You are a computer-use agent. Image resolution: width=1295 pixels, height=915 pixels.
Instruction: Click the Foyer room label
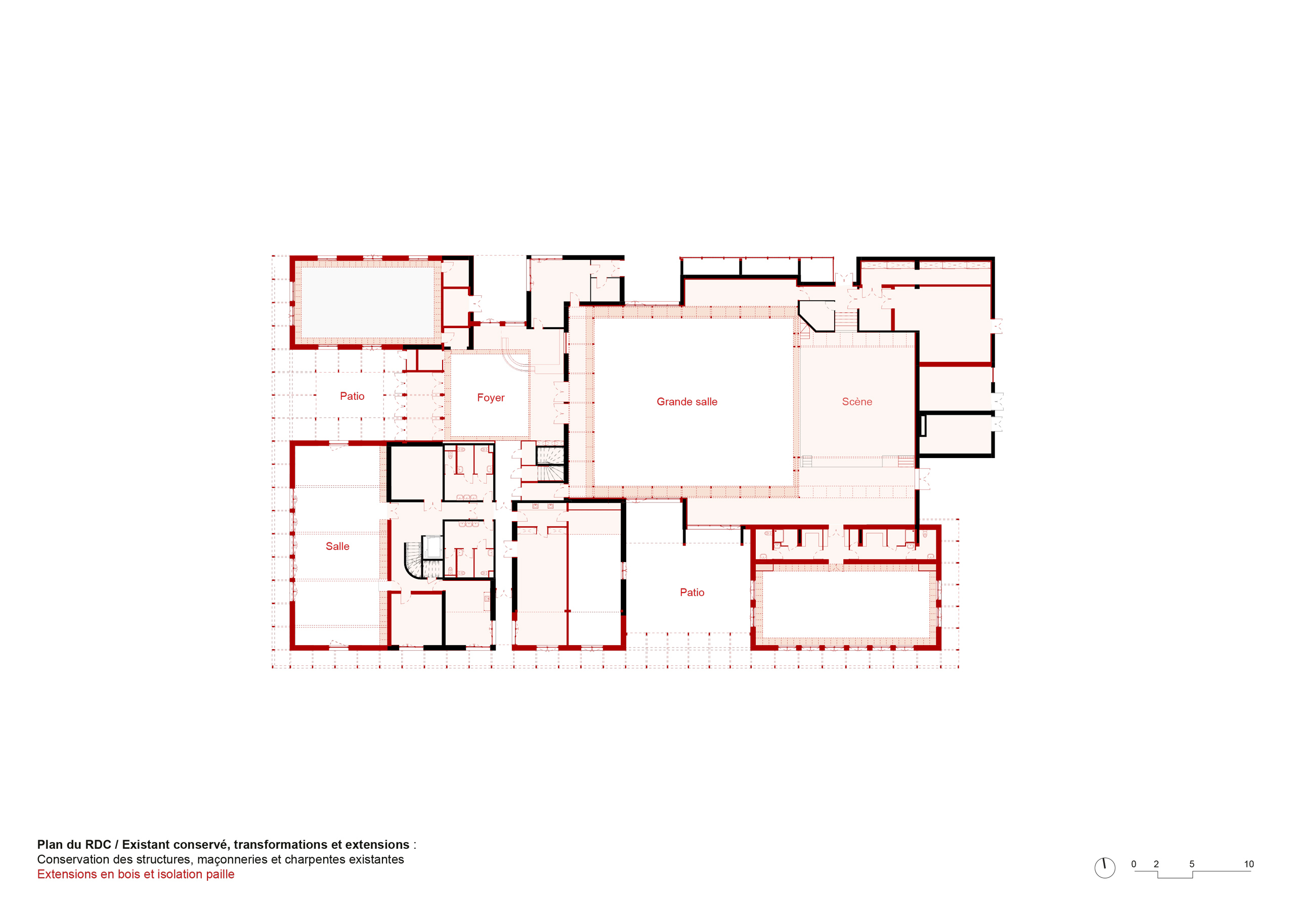coord(491,397)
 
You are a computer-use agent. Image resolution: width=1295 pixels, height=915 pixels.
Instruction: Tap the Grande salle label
coord(687,401)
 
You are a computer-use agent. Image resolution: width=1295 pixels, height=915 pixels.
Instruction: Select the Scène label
coord(857,401)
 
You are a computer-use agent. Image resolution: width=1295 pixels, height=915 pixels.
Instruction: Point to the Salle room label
coord(337,546)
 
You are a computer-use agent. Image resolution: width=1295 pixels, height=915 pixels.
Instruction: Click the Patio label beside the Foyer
coord(352,396)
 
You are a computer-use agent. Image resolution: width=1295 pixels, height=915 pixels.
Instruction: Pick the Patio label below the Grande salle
coord(692,592)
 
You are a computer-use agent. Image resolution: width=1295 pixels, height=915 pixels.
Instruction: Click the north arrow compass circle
coord(1105,868)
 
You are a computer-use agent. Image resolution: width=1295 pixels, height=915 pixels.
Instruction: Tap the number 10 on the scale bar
coord(1249,864)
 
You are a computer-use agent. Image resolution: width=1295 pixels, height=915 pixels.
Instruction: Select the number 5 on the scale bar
coord(1192,864)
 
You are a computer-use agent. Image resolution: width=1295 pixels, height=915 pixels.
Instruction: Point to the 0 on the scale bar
coord(1134,864)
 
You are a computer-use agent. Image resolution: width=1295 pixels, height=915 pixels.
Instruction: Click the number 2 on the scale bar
coord(1156,864)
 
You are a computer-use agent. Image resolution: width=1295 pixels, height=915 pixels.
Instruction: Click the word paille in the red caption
coord(220,875)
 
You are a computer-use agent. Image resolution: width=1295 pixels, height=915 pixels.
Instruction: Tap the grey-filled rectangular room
coord(367,302)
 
